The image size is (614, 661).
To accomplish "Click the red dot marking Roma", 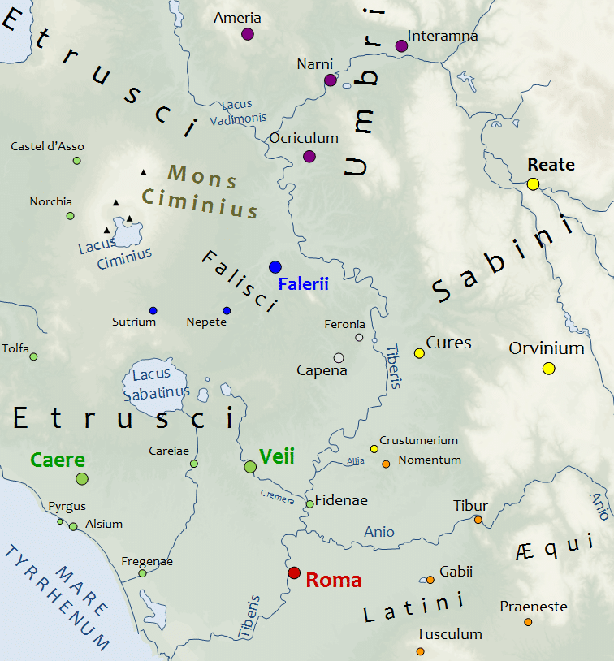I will (294, 573).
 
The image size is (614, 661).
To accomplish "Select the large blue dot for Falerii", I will (275, 267).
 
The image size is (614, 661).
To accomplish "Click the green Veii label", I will (276, 457).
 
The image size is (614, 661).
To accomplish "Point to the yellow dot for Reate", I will (533, 184).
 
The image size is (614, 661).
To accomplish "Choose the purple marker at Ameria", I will (248, 34).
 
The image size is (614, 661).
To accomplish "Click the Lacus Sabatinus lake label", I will (156, 383).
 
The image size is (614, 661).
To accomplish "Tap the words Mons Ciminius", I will (201, 192).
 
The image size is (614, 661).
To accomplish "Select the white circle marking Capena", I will (339, 357).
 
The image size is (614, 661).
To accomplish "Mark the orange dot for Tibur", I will (478, 520).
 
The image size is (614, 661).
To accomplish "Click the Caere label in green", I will (58, 460).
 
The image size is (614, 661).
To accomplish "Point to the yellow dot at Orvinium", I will (548, 369).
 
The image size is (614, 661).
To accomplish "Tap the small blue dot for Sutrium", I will (153, 310).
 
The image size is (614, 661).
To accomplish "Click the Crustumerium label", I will (418, 440).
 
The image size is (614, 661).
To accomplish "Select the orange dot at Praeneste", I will (528, 622).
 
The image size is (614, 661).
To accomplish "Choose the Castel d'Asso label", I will (47, 146).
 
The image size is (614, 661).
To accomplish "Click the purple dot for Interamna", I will (401, 45).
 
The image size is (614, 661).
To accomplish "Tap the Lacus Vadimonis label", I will (237, 112).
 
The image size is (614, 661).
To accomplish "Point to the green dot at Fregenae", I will (142, 573).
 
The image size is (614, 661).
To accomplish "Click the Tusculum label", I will (449, 634).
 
